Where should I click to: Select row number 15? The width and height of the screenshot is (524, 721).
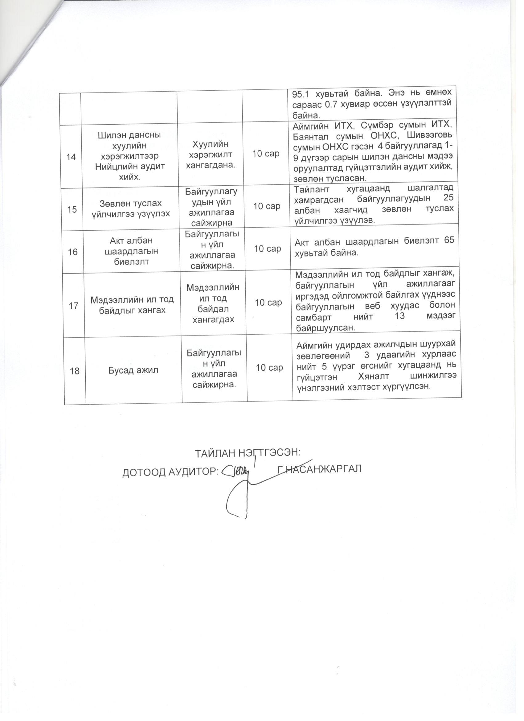point(72,209)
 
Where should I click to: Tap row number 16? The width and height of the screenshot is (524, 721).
point(73,252)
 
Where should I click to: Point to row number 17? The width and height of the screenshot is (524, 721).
point(74,306)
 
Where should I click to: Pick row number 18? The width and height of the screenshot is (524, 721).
point(75,371)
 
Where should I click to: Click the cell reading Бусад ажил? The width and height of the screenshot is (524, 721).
point(134,370)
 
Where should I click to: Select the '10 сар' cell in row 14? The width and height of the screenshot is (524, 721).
point(266,154)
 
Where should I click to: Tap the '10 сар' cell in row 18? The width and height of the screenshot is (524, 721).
point(269,368)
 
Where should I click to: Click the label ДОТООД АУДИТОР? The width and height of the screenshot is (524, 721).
point(170,473)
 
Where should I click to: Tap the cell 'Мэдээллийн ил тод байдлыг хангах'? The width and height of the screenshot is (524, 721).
point(132,305)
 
